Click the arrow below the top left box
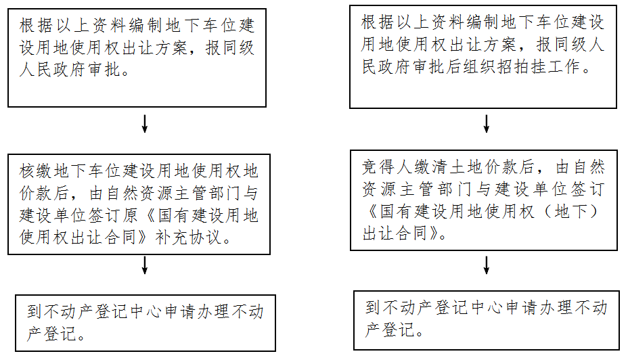click(145, 124)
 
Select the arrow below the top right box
click(486, 124)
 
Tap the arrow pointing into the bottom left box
click(145, 266)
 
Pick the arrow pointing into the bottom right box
click(486, 265)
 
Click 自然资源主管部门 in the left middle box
click(154, 194)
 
